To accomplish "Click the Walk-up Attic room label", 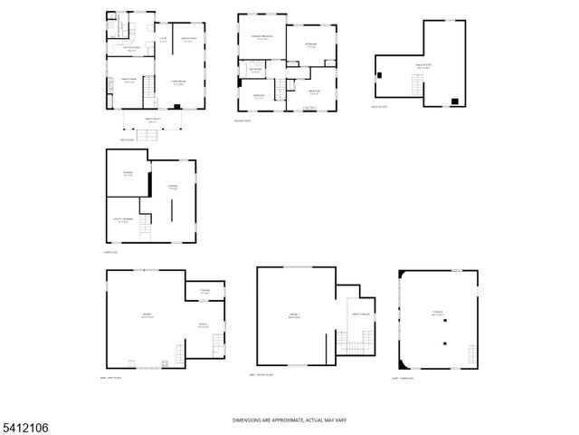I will point(422,66).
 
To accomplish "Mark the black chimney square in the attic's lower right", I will point(454,100).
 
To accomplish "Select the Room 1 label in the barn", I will point(147,315).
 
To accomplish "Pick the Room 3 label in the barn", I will point(294,315).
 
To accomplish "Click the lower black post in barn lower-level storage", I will point(444,343).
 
